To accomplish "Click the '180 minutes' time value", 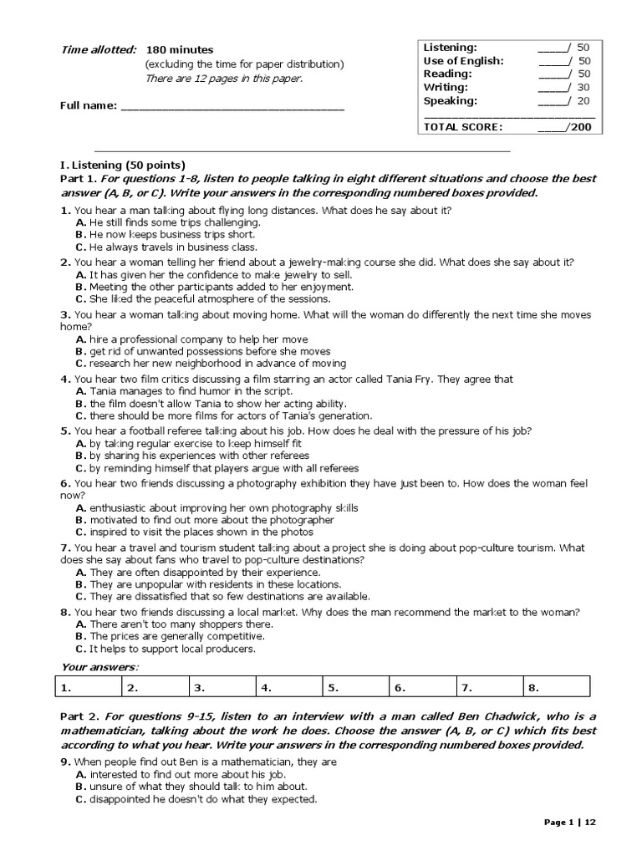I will pyautogui.click(x=179, y=50).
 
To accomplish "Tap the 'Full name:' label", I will pyautogui.click(x=88, y=106).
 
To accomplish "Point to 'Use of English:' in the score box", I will pyautogui.click(x=463, y=61).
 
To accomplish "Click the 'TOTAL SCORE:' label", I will pyautogui.click(x=463, y=127).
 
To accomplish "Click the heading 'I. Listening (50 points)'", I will pyautogui.click(x=122, y=165).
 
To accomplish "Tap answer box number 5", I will pyautogui.click(x=356, y=688).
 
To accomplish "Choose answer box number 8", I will pyautogui.click(x=557, y=688).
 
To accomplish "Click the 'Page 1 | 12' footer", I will pyautogui.click(x=570, y=823).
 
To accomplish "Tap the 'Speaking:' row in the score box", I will pyautogui.click(x=451, y=100).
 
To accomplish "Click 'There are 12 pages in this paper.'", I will pyautogui.click(x=224, y=79).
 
